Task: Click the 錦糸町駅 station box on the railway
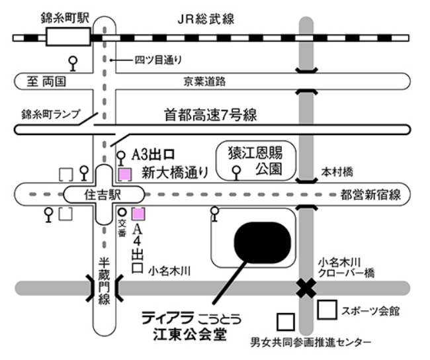pyautogui.click(x=68, y=36)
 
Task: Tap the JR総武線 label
pyautogui.click(x=206, y=19)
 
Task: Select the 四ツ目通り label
pyautogui.click(x=158, y=60)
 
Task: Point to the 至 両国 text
pyautogui.click(x=46, y=81)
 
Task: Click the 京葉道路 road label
pyautogui.click(x=204, y=81)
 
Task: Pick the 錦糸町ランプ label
pyautogui.click(x=52, y=114)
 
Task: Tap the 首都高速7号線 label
pyautogui.click(x=210, y=115)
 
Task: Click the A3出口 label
pyautogui.click(x=153, y=155)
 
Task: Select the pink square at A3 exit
pyautogui.click(x=125, y=175)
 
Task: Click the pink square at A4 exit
pyautogui.click(x=138, y=214)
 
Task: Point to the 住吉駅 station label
pyautogui.click(x=103, y=195)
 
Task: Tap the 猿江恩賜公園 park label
pyautogui.click(x=255, y=161)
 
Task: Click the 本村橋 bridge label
pyautogui.click(x=337, y=172)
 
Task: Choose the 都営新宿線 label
pyautogui.click(x=370, y=195)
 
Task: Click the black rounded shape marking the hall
pyautogui.click(x=262, y=243)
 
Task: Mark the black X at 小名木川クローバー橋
pyautogui.click(x=306, y=288)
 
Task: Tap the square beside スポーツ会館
pyautogui.click(x=327, y=310)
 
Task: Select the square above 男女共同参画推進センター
pyautogui.click(x=286, y=322)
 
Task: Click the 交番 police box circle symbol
pyautogui.click(x=122, y=212)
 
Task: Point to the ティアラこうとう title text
pyautogui.click(x=191, y=318)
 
